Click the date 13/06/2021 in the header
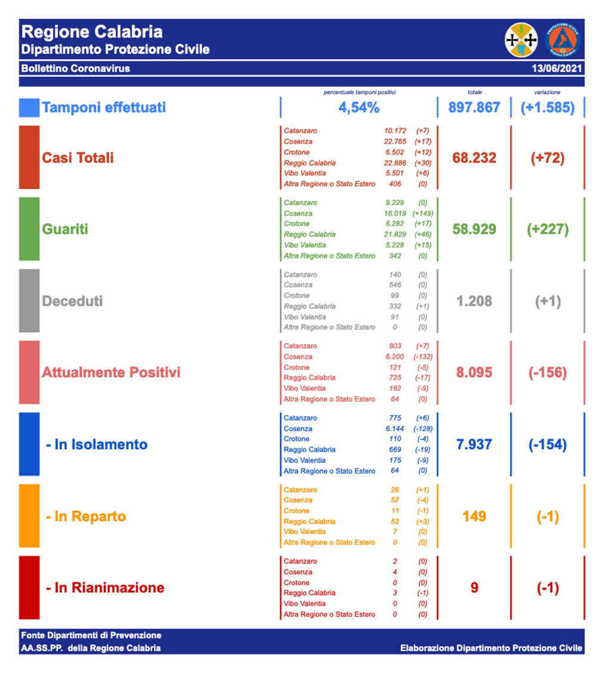click(x=557, y=69)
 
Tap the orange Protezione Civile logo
click(x=562, y=40)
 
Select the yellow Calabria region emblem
click(x=521, y=40)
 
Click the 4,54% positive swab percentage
click(x=359, y=108)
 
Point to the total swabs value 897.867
click(x=474, y=107)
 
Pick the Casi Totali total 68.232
click(x=474, y=158)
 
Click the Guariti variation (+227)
click(x=547, y=229)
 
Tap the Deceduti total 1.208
click(x=474, y=301)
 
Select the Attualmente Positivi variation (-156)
click(x=547, y=372)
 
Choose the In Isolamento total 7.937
click(x=474, y=444)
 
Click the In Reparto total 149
click(x=474, y=516)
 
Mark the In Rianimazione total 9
click(x=474, y=587)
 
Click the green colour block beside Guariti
click(x=29, y=229)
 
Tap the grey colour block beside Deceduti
click(x=29, y=301)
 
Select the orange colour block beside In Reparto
click(x=29, y=516)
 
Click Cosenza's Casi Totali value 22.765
click(x=395, y=141)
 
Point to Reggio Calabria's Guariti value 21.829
click(x=395, y=234)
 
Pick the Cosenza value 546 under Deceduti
click(x=395, y=285)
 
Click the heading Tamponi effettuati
click(x=104, y=107)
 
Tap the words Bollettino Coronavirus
click(x=76, y=69)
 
